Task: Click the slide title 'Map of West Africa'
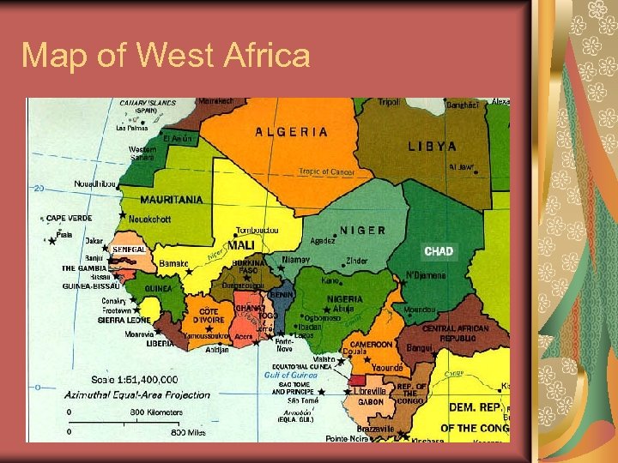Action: coord(166,56)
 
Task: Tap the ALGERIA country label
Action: coord(291,132)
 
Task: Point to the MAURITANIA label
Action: coord(172,200)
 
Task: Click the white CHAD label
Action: coord(439,251)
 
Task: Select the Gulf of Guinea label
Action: coord(290,375)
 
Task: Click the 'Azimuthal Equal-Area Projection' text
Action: coord(137,395)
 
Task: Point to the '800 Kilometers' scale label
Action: coord(155,412)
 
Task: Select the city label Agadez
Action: coord(322,241)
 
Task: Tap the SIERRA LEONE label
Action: coord(124,320)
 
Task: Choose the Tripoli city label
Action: coord(389,103)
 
